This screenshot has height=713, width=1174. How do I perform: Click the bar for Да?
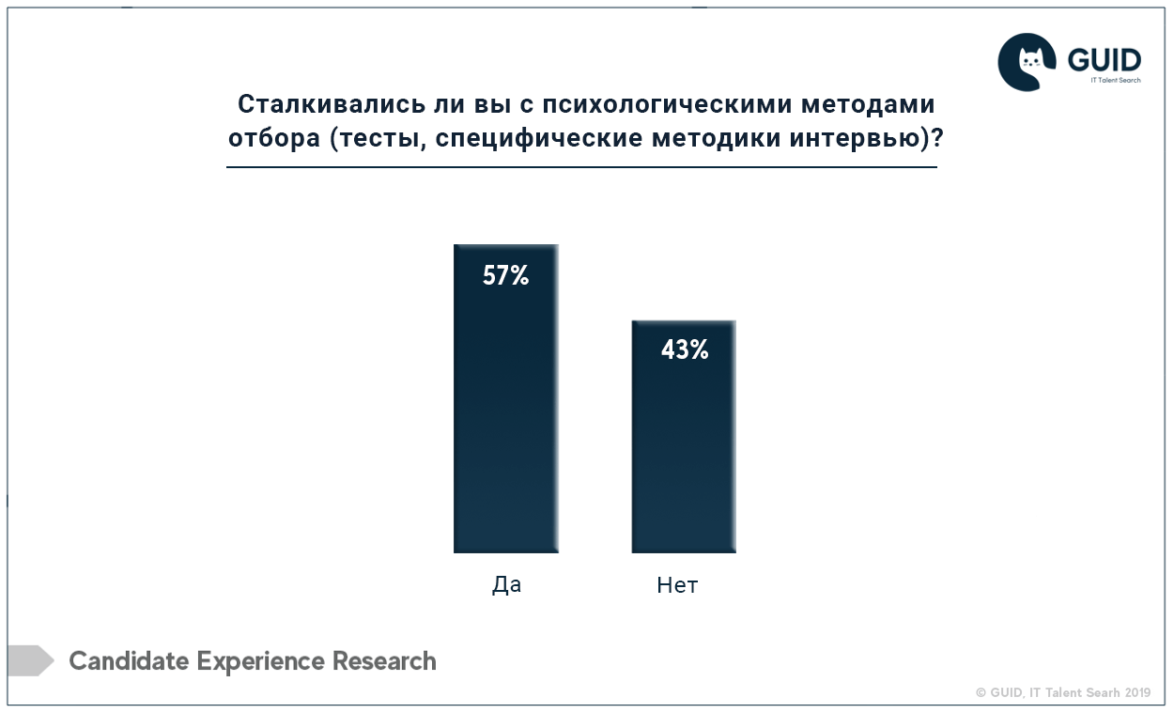click(506, 398)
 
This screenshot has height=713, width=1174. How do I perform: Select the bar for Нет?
click(684, 436)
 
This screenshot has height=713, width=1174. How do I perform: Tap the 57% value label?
click(506, 275)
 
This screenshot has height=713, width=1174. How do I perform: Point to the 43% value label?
click(685, 349)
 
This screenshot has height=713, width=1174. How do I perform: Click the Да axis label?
click(507, 584)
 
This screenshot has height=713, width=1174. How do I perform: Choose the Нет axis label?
click(677, 585)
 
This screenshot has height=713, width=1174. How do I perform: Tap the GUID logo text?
click(1104, 60)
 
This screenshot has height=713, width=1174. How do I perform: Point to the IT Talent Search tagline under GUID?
click(1116, 80)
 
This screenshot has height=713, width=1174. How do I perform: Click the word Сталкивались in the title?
click(332, 104)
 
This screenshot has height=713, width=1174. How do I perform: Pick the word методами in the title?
click(869, 104)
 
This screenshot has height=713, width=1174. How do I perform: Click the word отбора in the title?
click(274, 138)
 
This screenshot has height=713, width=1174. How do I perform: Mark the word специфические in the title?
click(539, 139)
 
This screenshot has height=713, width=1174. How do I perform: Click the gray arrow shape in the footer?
click(31, 660)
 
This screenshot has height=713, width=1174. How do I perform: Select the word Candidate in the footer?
click(129, 660)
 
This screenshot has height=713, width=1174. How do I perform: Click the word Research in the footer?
click(384, 660)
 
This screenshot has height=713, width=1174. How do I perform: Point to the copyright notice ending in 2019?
click(1063, 692)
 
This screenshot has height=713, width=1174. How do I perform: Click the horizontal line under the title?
click(581, 167)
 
